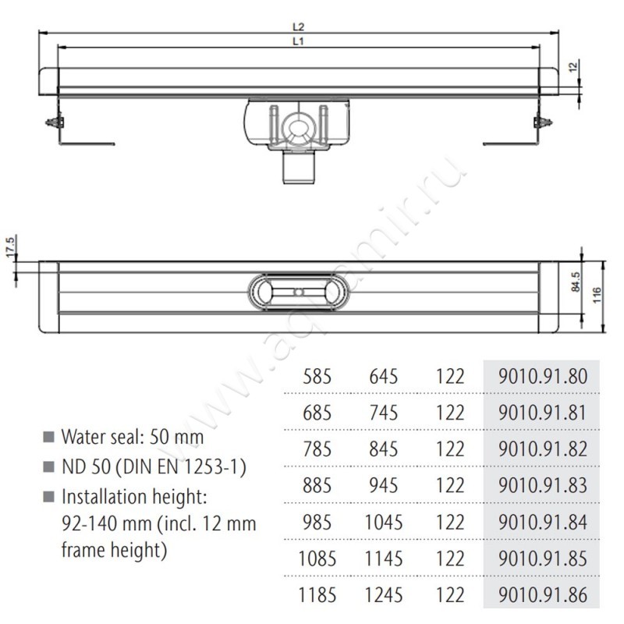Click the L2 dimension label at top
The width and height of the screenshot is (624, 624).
tap(299, 27)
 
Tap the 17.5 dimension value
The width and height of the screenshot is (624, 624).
tap(11, 246)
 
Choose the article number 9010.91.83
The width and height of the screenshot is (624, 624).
tap(542, 484)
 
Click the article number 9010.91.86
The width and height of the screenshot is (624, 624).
tap(542, 595)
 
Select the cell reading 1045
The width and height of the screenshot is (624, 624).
tap(383, 522)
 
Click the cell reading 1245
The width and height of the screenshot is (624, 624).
tap(383, 595)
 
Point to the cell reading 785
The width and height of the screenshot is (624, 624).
tap(317, 450)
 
